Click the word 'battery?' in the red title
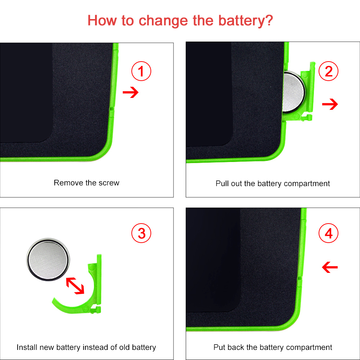pyautogui.click(x=246, y=21)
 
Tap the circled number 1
pyautogui.click(x=141, y=71)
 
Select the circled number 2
pyautogui.click(x=329, y=71)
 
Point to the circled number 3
pyautogui.click(x=141, y=233)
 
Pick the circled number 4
pyautogui.click(x=329, y=233)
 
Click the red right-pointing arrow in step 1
pyautogui.click(x=131, y=92)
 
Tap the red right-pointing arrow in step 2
pyautogui.click(x=330, y=104)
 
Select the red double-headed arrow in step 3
pyautogui.click(x=75, y=286)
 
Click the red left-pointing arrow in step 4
pyautogui.click(x=330, y=267)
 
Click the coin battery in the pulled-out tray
pyautogui.click(x=294, y=92)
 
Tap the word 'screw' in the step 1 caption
pyautogui.click(x=109, y=183)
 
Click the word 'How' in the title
pyautogui.click(x=102, y=21)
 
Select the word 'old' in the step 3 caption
pyautogui.click(x=125, y=347)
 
